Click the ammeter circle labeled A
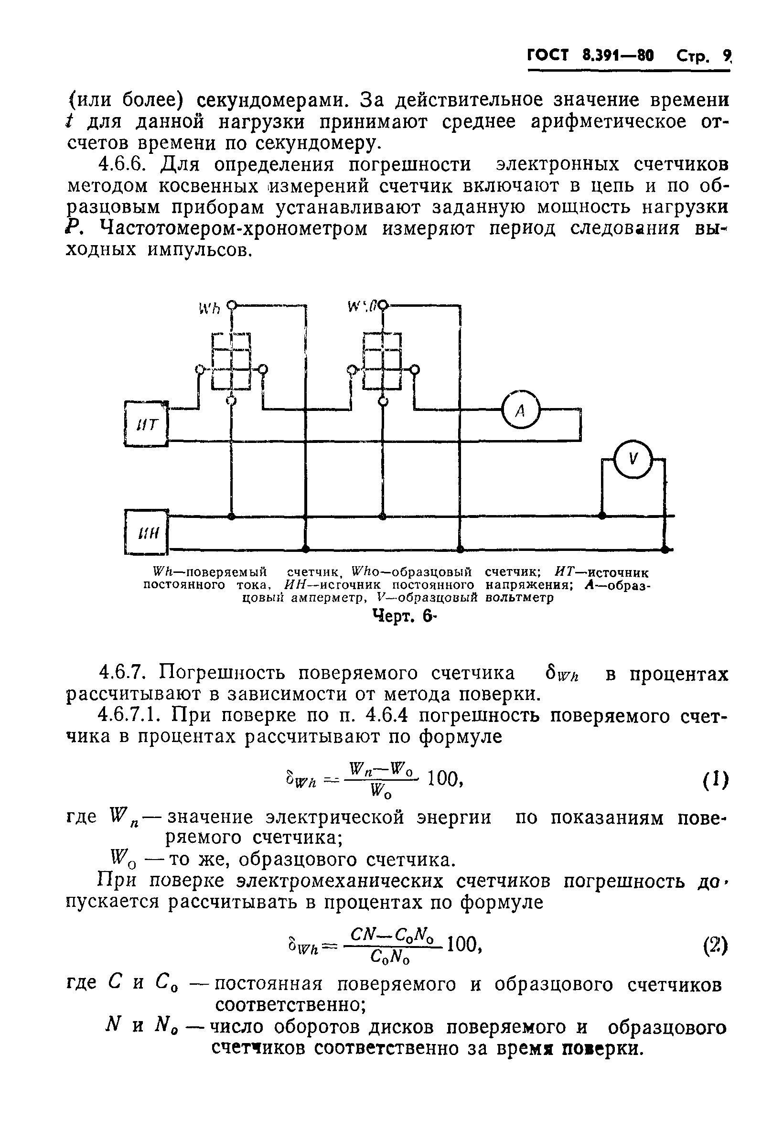(520, 410)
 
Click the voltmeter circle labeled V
(633, 460)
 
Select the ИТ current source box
(146, 424)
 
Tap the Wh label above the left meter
(210, 308)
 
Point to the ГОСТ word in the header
(547, 55)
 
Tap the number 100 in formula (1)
(444, 778)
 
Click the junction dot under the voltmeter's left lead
(602, 516)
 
